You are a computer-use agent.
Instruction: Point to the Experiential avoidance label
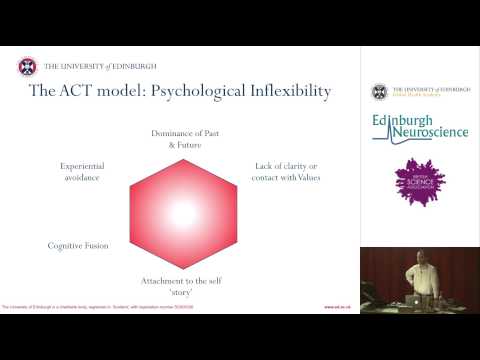point(83,173)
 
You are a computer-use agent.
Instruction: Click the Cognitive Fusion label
point(78,245)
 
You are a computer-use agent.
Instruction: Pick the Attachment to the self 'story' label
point(182,286)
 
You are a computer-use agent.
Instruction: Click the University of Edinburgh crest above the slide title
point(27,67)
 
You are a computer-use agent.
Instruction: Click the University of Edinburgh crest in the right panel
point(379,93)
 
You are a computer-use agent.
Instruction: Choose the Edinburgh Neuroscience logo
point(418,129)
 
